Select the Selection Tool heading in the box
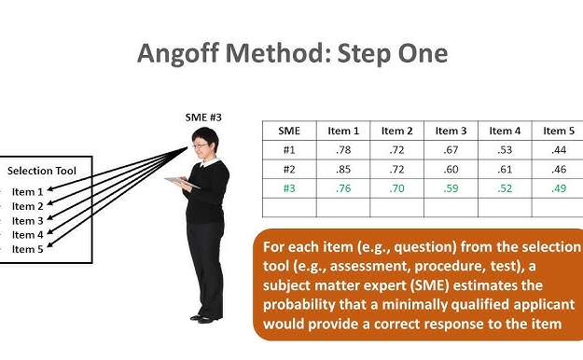click(x=42, y=171)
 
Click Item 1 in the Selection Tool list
click(x=27, y=191)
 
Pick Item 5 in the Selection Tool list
click(x=27, y=249)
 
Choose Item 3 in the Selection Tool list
click(x=27, y=220)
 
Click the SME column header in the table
click(x=289, y=132)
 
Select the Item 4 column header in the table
click(x=506, y=132)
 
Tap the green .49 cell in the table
click(x=559, y=187)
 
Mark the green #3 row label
click(x=289, y=187)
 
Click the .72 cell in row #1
click(x=397, y=150)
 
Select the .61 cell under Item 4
click(x=506, y=169)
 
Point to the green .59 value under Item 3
click(x=451, y=187)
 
